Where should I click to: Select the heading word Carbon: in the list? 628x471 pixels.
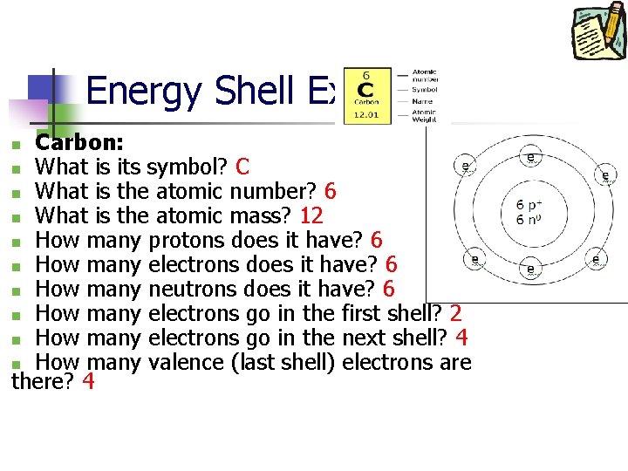(x=78, y=142)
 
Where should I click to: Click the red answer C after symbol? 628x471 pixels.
(x=242, y=167)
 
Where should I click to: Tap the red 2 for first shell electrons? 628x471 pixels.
(x=455, y=313)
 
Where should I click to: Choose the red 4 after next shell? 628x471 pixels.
(x=462, y=338)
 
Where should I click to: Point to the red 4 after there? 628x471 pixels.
(x=86, y=381)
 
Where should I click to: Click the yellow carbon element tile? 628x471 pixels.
(x=366, y=95)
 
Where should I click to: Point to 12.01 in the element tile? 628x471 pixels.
(x=366, y=114)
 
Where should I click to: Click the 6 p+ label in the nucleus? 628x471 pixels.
(x=531, y=205)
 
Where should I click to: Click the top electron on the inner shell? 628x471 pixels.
(x=531, y=157)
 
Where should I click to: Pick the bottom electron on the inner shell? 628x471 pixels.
(x=531, y=271)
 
